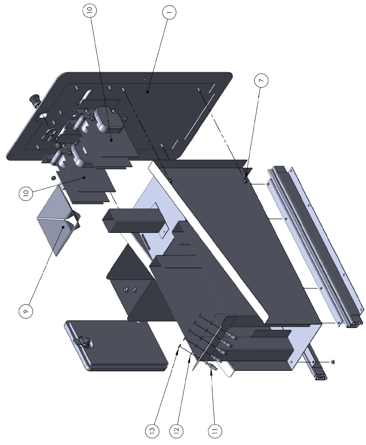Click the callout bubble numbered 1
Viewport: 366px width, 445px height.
click(x=169, y=12)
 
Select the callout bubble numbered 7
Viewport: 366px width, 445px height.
click(x=261, y=80)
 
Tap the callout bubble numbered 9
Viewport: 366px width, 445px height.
click(x=26, y=311)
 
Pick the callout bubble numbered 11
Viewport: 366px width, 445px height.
click(x=215, y=431)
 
